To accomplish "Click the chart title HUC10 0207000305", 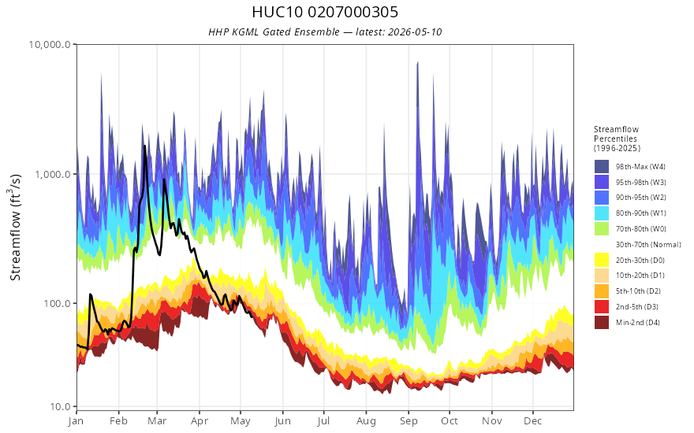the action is click(325, 12).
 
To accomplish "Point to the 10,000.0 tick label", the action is click(50, 45).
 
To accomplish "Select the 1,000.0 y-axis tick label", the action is click(53, 174).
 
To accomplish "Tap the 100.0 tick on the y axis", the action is click(57, 304).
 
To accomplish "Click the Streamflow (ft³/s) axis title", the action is click(15, 227).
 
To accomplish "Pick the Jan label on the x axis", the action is click(76, 421).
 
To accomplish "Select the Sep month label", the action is click(409, 421).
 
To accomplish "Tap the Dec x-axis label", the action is click(533, 421).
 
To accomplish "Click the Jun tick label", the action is click(282, 421).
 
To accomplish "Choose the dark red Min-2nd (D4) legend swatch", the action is click(602, 323).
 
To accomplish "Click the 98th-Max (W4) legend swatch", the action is click(602, 167).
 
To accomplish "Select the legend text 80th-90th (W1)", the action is click(641, 213).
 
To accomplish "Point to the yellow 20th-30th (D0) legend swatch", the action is click(602, 261).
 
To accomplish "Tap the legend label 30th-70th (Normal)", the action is click(648, 244).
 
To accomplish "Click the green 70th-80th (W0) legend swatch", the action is click(602, 229).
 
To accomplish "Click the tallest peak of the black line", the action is click(144, 146).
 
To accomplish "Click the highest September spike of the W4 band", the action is click(417, 63).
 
